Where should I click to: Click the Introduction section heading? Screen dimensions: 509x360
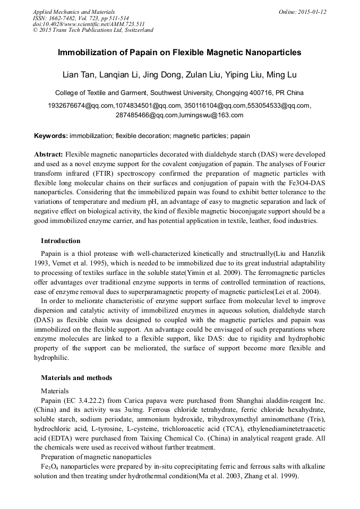point(61,241)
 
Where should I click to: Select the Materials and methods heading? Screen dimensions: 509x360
point(76,378)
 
